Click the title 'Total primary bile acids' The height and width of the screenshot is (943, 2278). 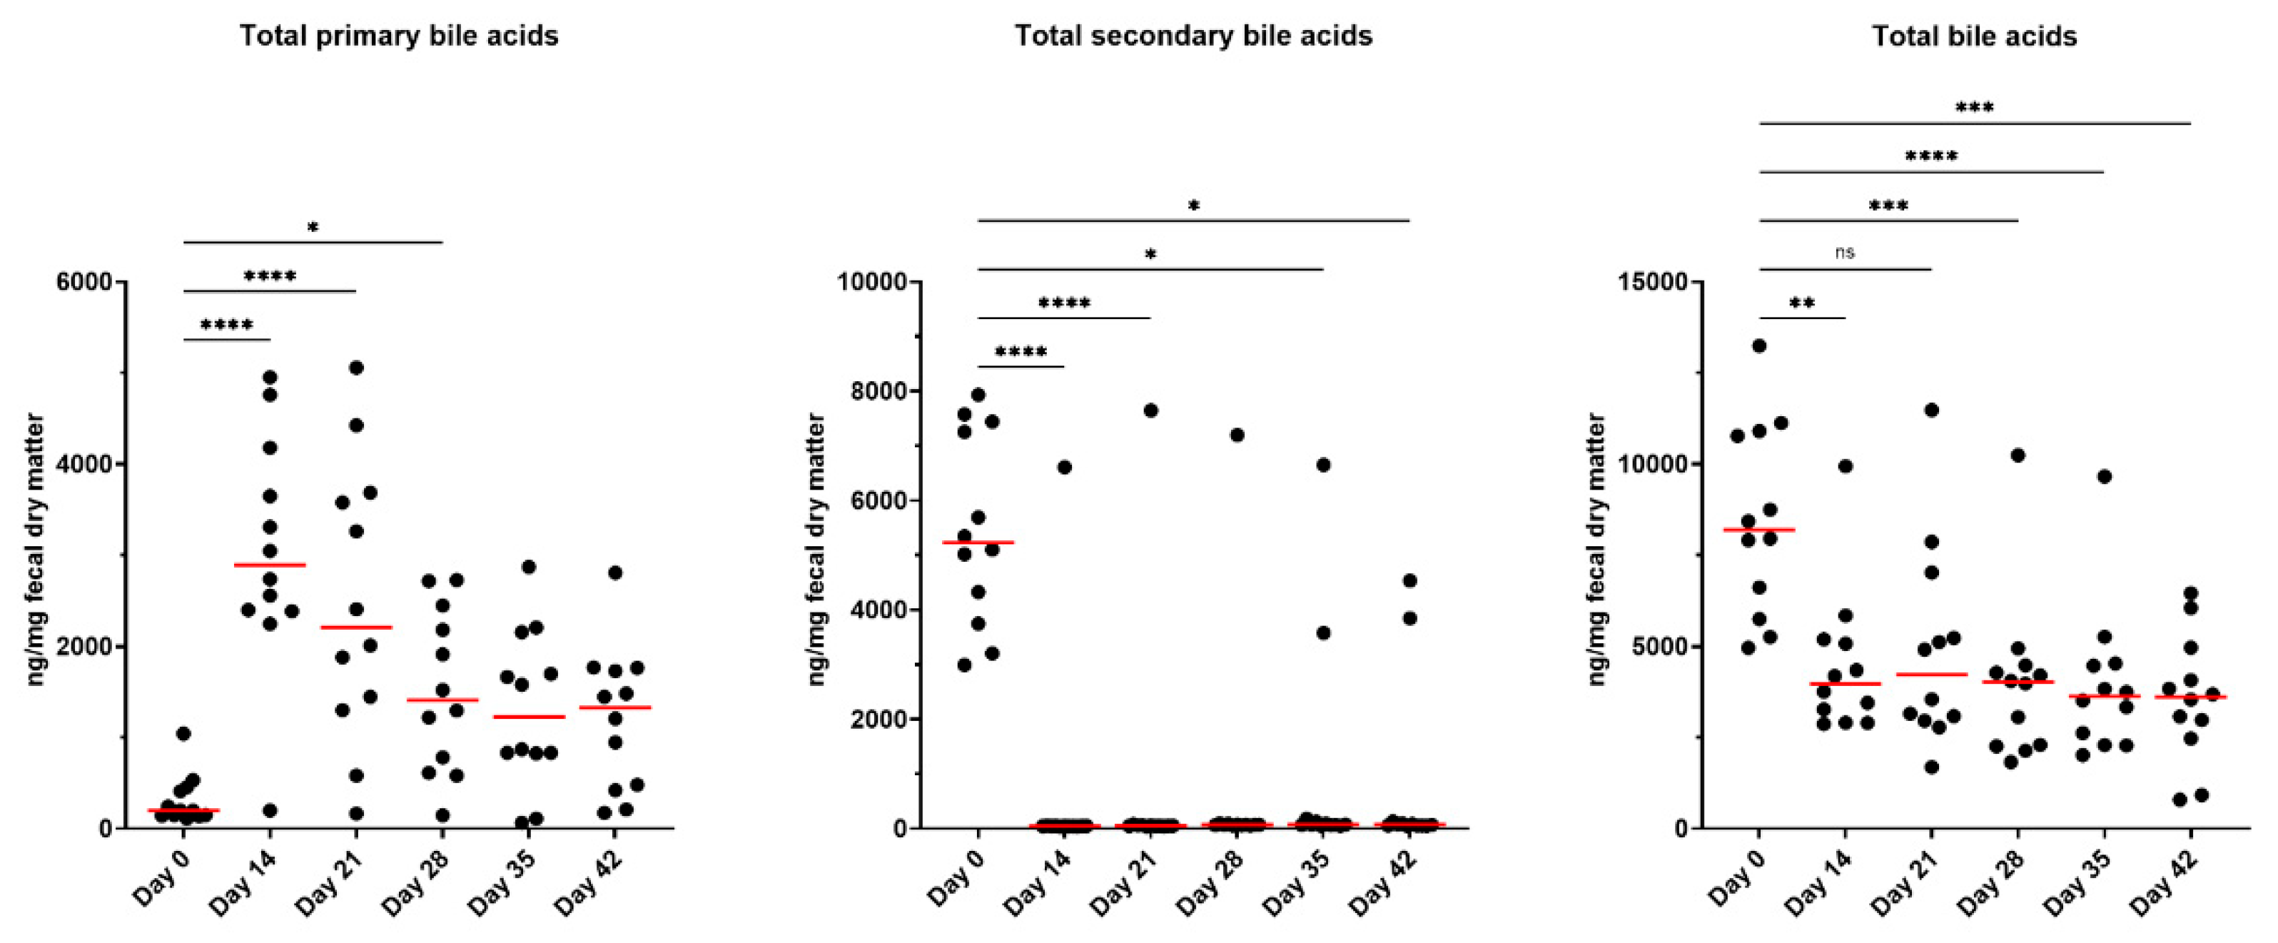[399, 36]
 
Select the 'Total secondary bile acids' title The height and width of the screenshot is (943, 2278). [1193, 36]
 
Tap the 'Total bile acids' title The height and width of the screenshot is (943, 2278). [1974, 36]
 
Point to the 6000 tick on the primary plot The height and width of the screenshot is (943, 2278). [84, 282]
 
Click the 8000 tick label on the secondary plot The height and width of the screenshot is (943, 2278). [879, 391]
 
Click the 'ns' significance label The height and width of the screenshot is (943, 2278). [1845, 252]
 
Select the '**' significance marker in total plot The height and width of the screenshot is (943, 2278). [1802, 303]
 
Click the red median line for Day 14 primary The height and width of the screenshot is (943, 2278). [270, 565]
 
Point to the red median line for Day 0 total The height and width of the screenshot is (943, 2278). [1759, 530]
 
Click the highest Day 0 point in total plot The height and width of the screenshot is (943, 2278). [1759, 346]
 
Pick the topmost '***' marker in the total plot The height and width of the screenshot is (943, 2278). [1974, 107]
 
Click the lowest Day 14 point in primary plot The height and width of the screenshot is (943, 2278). [270, 810]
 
